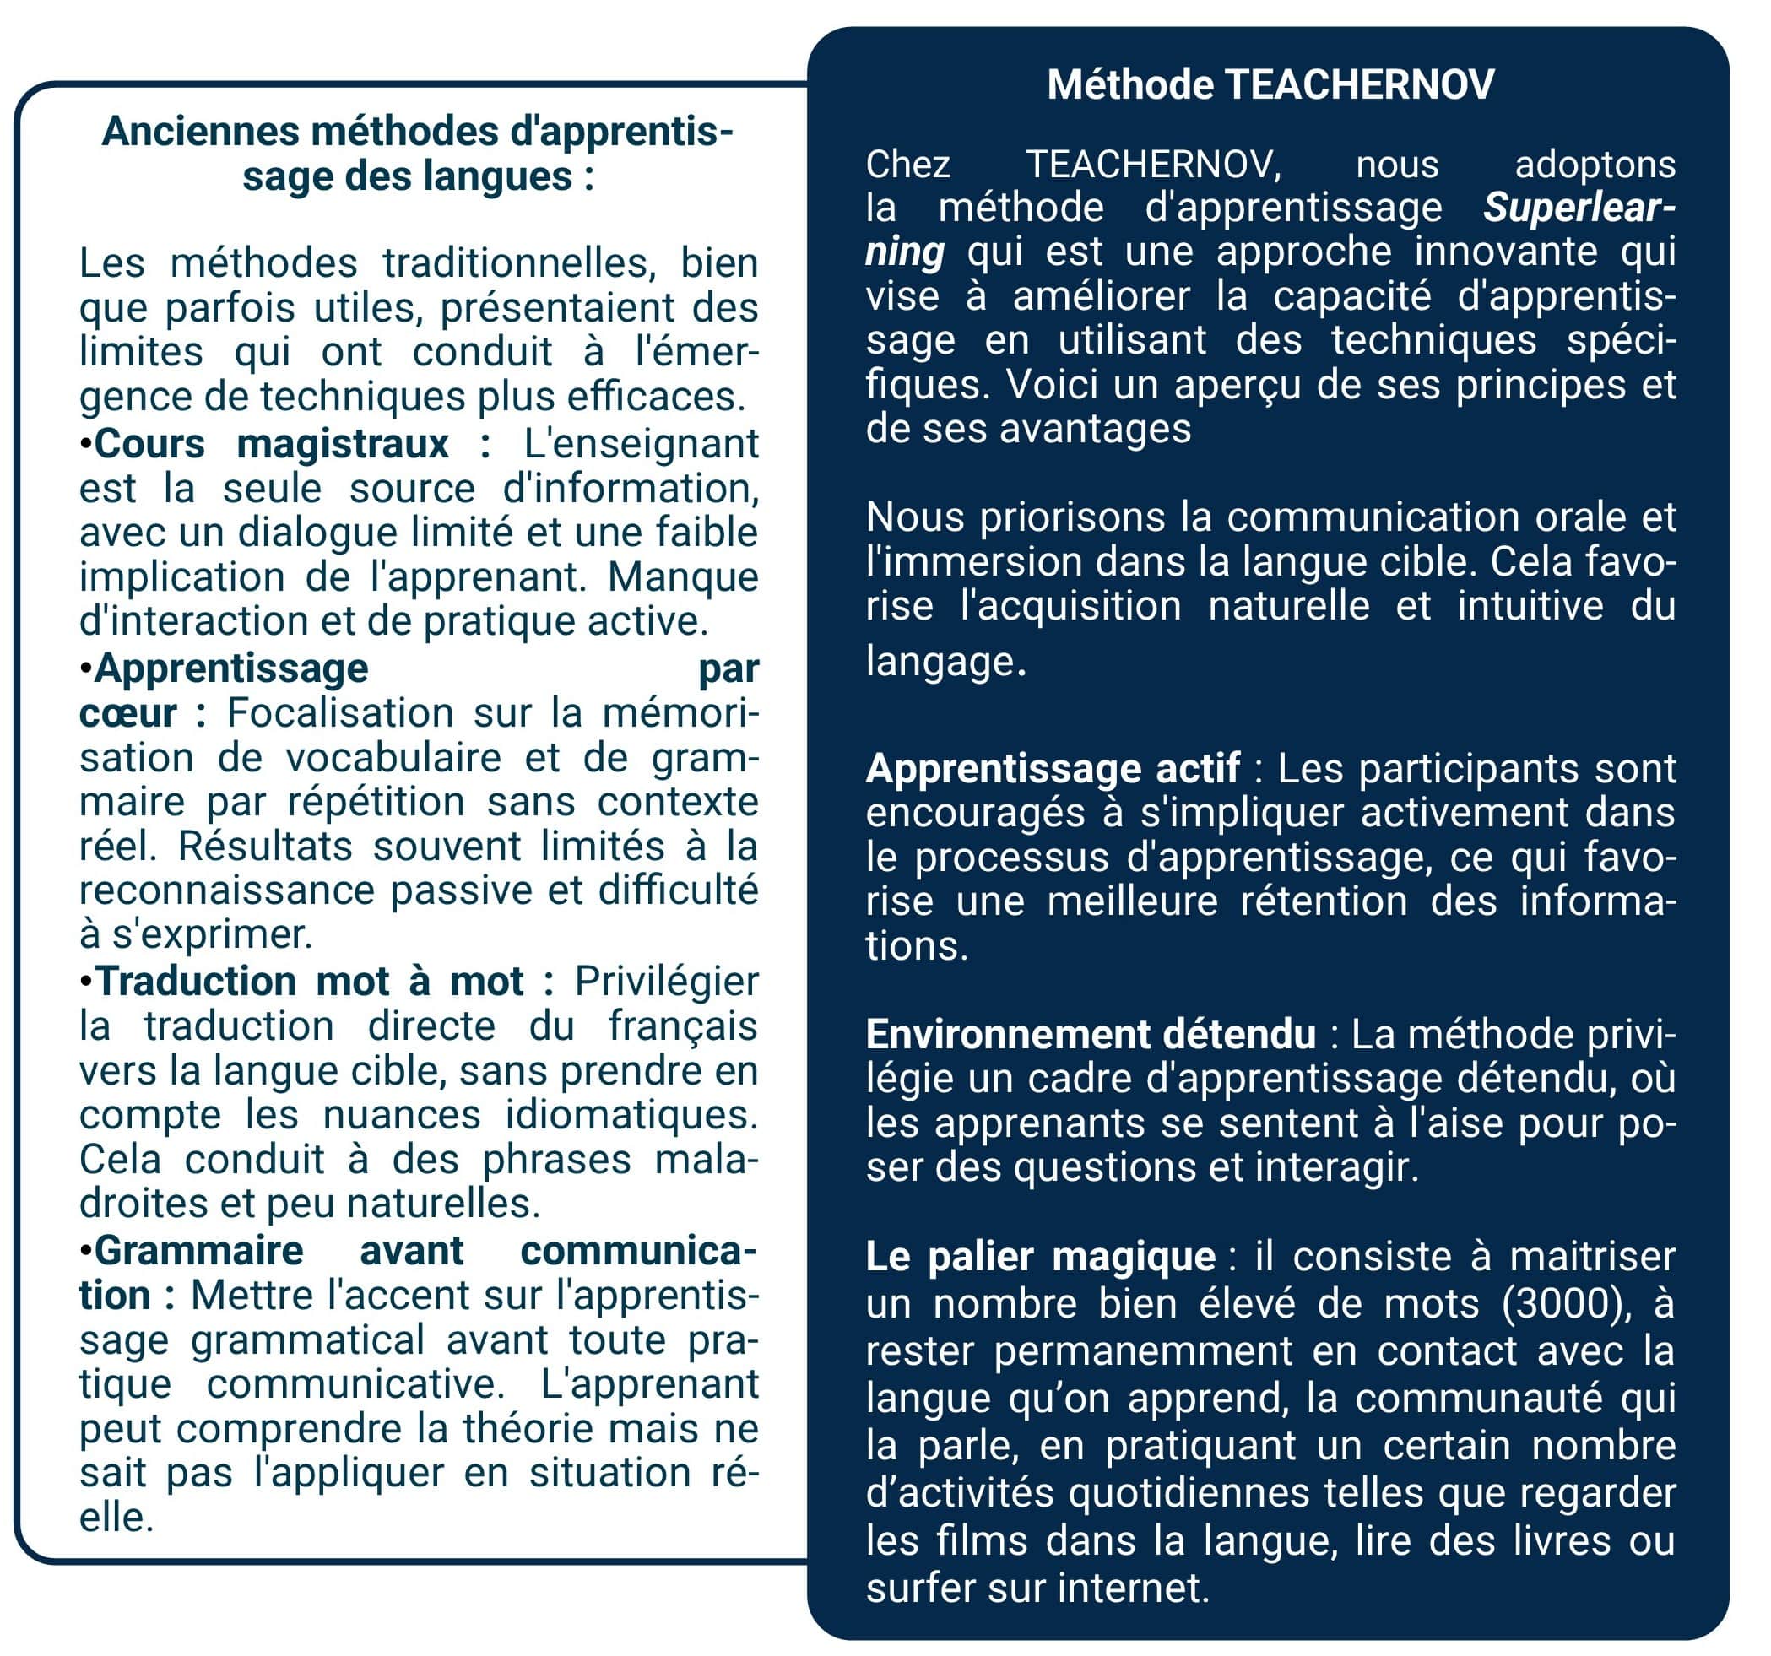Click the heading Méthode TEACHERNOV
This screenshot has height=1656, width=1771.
[1270, 84]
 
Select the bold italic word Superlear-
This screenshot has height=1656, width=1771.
[1578, 208]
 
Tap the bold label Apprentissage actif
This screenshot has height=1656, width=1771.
[1052, 768]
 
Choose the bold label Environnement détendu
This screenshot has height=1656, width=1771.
[1091, 1033]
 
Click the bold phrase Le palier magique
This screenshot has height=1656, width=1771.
[1040, 1256]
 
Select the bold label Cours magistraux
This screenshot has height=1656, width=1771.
[271, 444]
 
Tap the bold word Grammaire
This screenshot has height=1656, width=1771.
[198, 1251]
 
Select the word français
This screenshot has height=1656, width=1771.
[683, 1026]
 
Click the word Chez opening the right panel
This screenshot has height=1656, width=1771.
[907, 165]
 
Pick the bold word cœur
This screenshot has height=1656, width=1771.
[127, 712]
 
